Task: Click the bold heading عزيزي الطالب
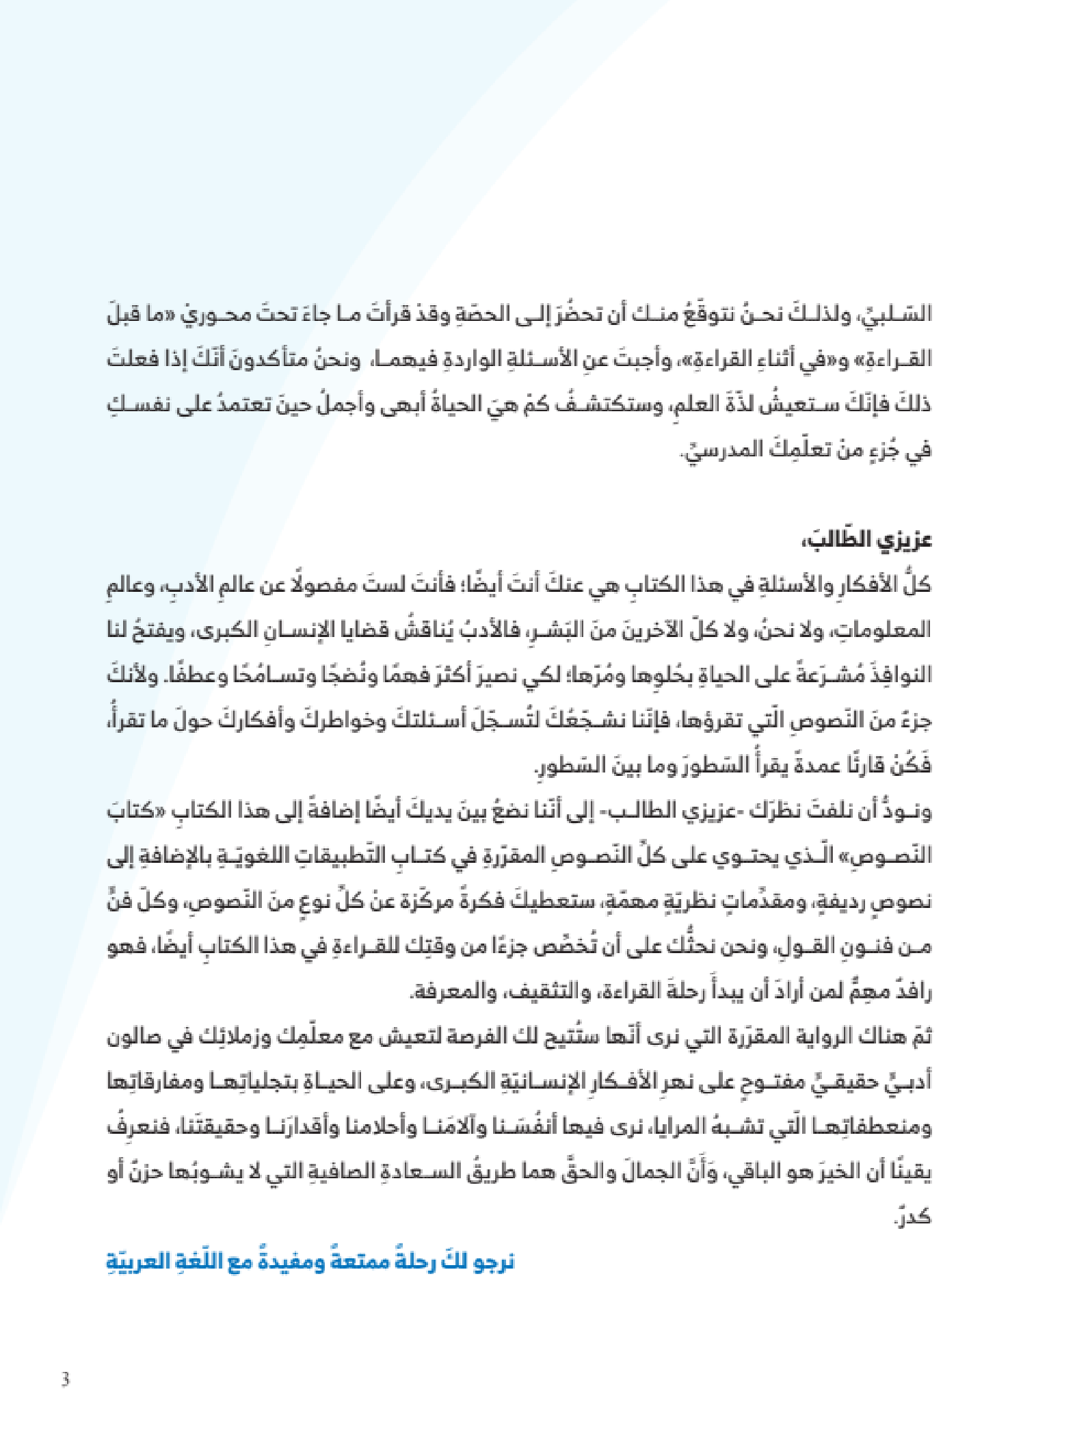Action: point(866,541)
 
